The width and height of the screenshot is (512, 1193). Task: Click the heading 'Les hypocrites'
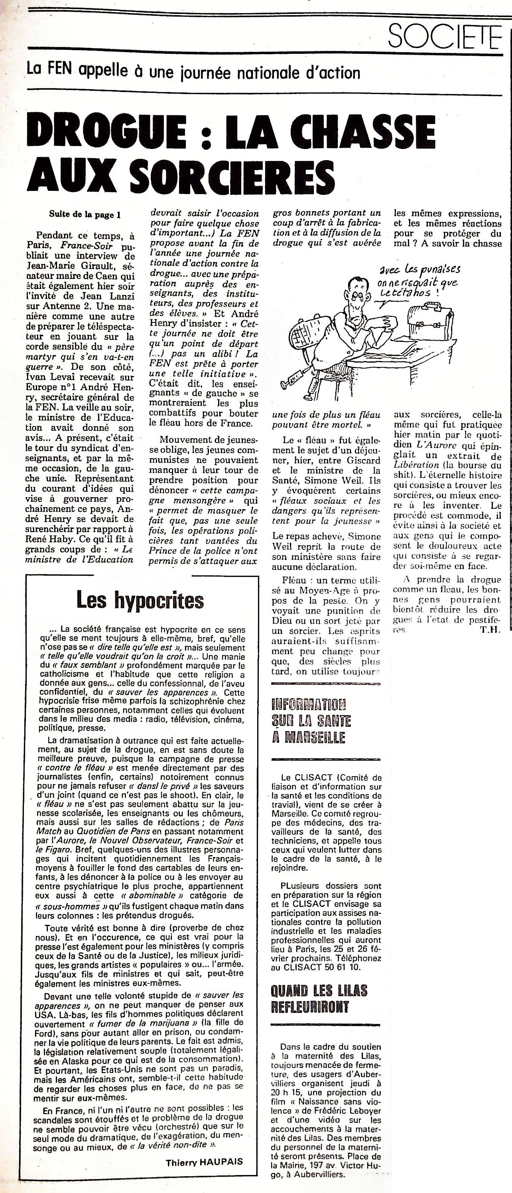[140, 601]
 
